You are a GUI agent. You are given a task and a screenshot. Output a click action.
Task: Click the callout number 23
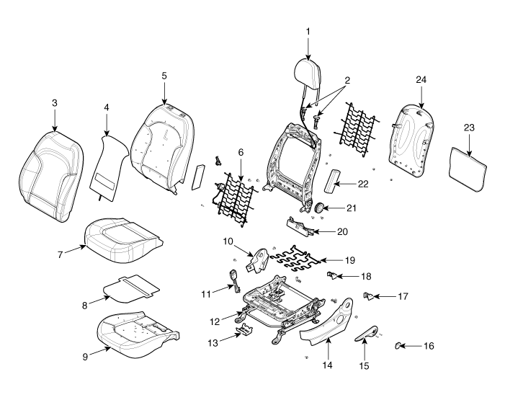click(469, 128)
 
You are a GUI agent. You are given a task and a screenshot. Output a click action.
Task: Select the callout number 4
click(106, 108)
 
